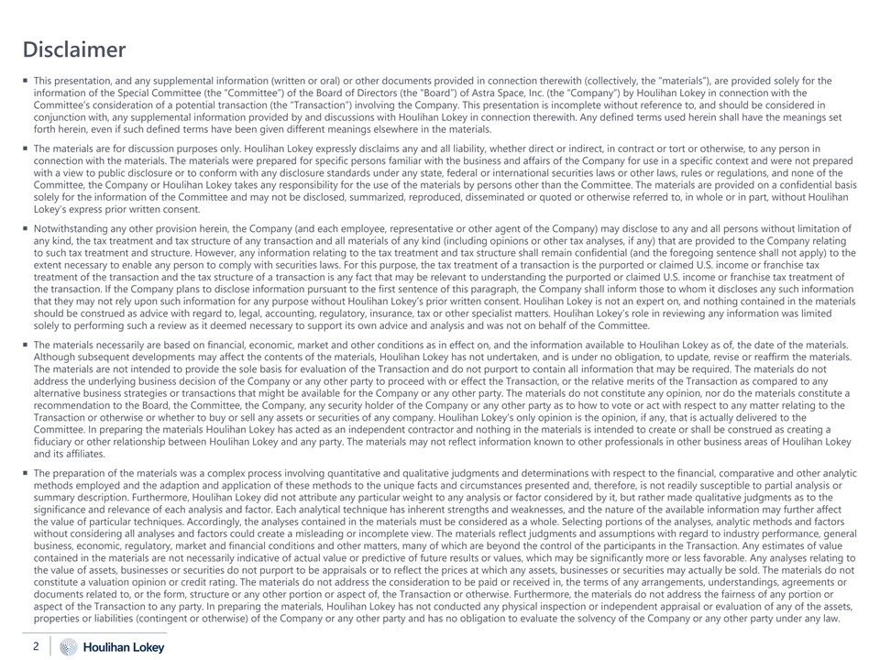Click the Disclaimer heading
point(73,49)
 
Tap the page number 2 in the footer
point(36,646)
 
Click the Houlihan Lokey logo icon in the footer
point(67,647)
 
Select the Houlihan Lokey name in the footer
point(124,647)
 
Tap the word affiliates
point(82,453)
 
